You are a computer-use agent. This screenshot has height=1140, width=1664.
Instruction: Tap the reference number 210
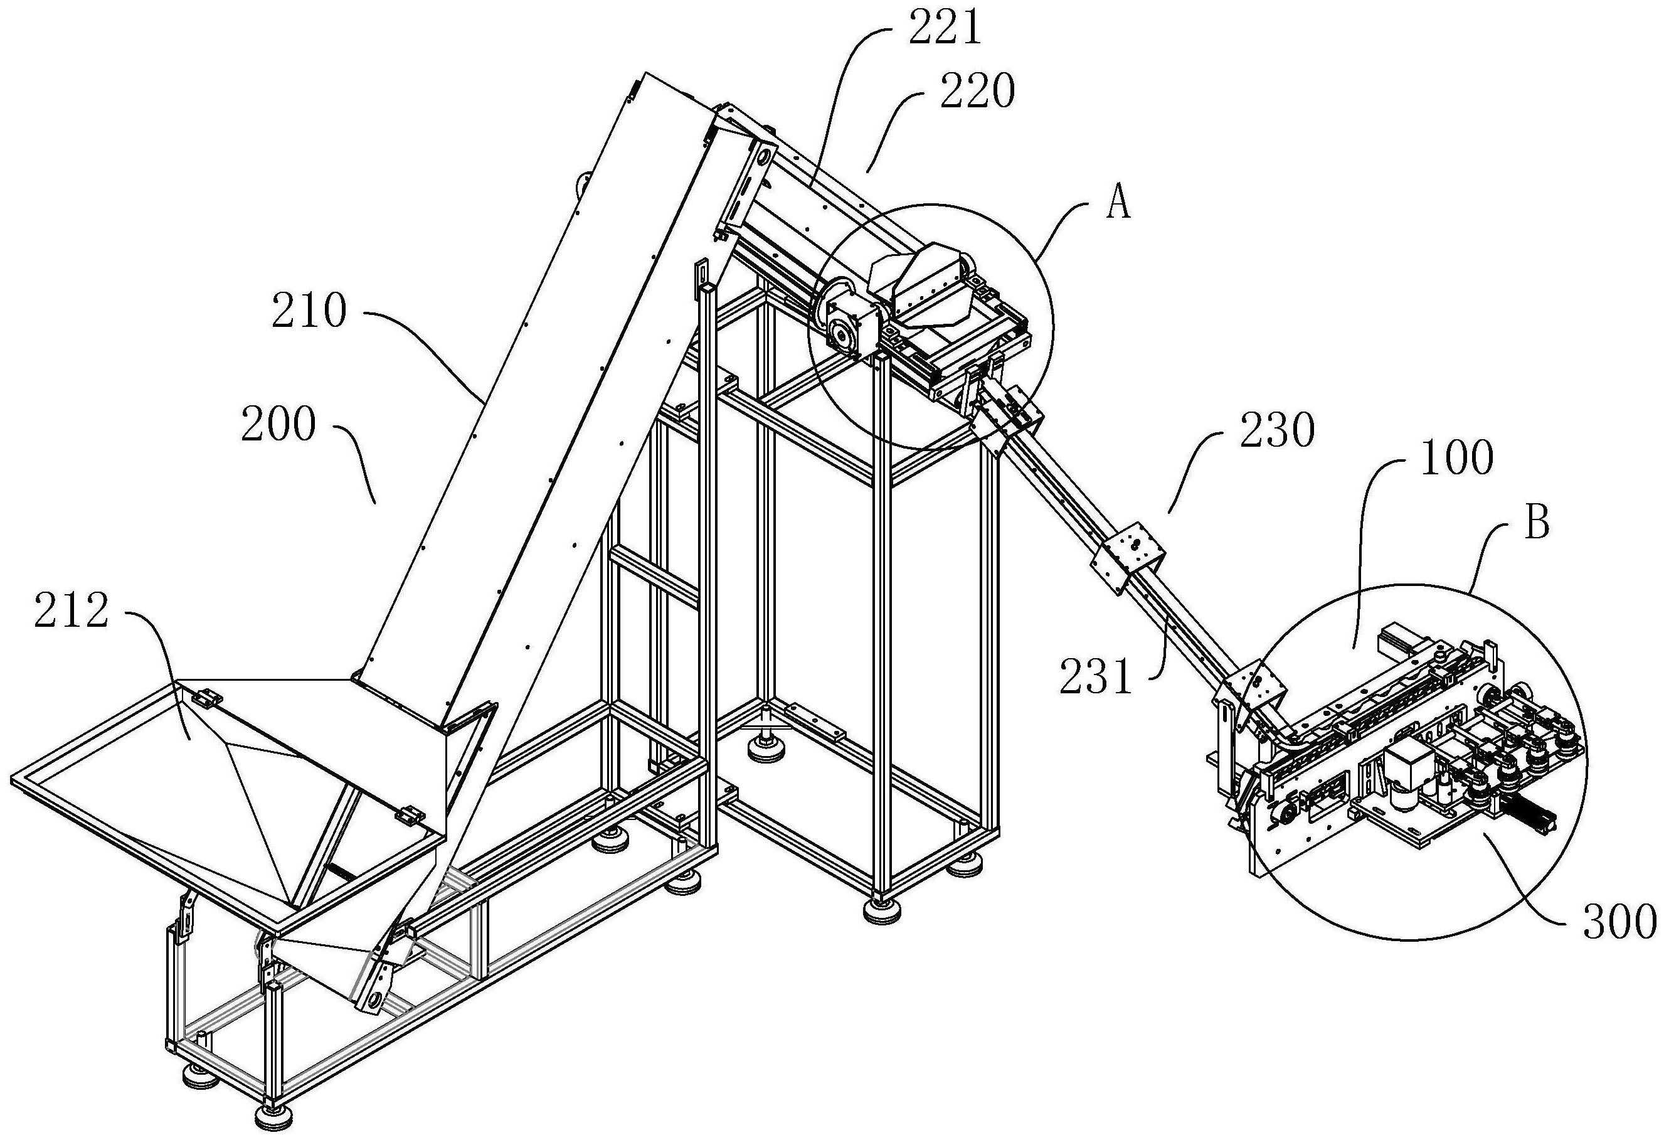pyautogui.click(x=309, y=311)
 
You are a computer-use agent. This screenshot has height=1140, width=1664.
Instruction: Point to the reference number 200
pyautogui.click(x=278, y=424)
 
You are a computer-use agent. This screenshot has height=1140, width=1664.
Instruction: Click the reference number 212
pyautogui.click(x=71, y=611)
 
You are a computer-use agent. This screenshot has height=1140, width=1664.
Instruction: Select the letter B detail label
pyautogui.click(x=1537, y=523)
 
